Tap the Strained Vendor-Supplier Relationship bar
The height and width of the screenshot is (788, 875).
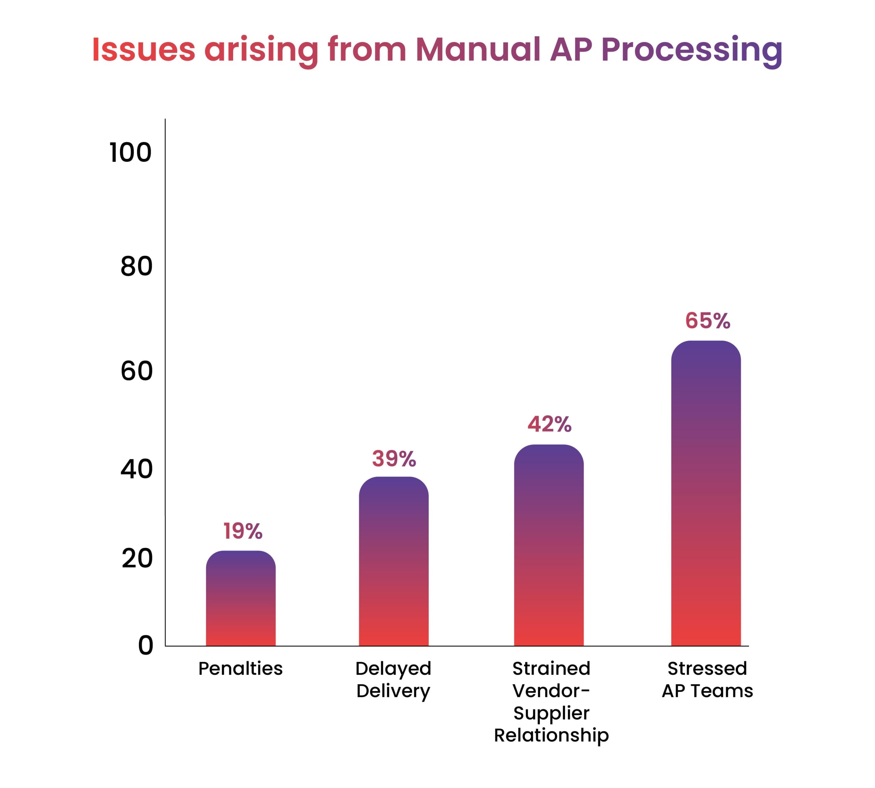click(x=549, y=545)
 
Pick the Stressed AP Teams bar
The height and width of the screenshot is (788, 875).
click(x=706, y=493)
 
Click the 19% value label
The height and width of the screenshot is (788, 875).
click(x=243, y=531)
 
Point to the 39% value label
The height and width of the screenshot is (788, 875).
click(x=394, y=459)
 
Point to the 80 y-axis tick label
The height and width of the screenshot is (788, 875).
click(x=137, y=266)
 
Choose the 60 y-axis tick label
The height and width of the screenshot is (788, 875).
click(x=137, y=371)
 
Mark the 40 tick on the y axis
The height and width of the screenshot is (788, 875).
click(x=137, y=469)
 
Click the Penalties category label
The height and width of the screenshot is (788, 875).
click(x=241, y=669)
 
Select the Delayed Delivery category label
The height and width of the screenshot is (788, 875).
click(x=393, y=680)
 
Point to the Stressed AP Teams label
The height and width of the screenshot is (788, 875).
click(x=708, y=680)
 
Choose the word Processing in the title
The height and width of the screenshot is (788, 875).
click(x=691, y=51)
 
